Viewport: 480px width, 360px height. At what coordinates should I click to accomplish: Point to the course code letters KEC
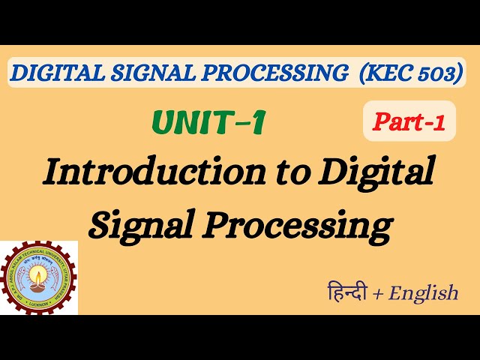click(x=384, y=73)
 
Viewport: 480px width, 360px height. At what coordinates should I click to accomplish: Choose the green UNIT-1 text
click(x=208, y=123)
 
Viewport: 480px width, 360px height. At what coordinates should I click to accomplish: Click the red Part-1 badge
click(x=409, y=123)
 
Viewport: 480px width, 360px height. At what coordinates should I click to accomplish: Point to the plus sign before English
click(x=378, y=293)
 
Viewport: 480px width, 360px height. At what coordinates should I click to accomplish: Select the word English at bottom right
click(x=423, y=293)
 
